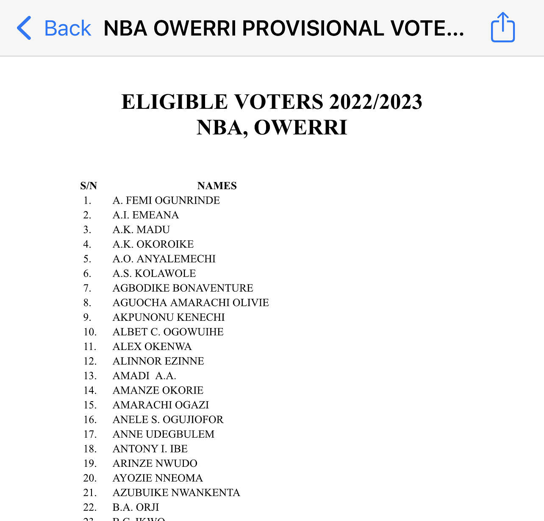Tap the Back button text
[67, 28]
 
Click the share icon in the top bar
[503, 28]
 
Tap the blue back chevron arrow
[24, 28]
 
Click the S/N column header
[89, 186]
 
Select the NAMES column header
[217, 186]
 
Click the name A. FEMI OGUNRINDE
[166, 200]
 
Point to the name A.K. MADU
[141, 229]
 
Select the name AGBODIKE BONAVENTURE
[183, 288]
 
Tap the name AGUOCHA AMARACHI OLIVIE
[191, 303]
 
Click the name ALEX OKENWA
[152, 347]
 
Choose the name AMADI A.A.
[144, 376]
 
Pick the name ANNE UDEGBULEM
[164, 434]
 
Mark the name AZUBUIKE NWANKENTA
[176, 493]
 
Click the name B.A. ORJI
[136, 507]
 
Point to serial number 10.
[90, 332]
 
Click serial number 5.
[87, 259]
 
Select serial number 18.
[90, 449]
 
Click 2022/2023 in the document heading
[376, 102]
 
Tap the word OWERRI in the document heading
[300, 127]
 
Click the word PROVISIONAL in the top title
[313, 28]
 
